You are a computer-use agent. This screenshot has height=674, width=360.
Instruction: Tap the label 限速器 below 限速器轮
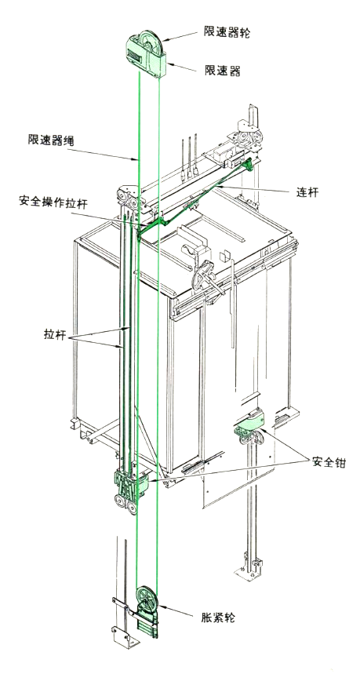click(x=222, y=70)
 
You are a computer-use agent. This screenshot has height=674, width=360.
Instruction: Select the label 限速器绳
click(x=51, y=140)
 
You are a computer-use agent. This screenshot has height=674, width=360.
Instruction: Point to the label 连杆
click(x=307, y=191)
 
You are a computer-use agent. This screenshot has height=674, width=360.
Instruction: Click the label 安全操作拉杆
click(x=53, y=202)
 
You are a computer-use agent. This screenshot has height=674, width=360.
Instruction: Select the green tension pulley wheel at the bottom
click(x=147, y=597)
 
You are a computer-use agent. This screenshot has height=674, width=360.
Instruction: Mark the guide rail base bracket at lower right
click(x=249, y=567)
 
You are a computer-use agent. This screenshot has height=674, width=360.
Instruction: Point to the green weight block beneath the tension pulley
click(x=147, y=626)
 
